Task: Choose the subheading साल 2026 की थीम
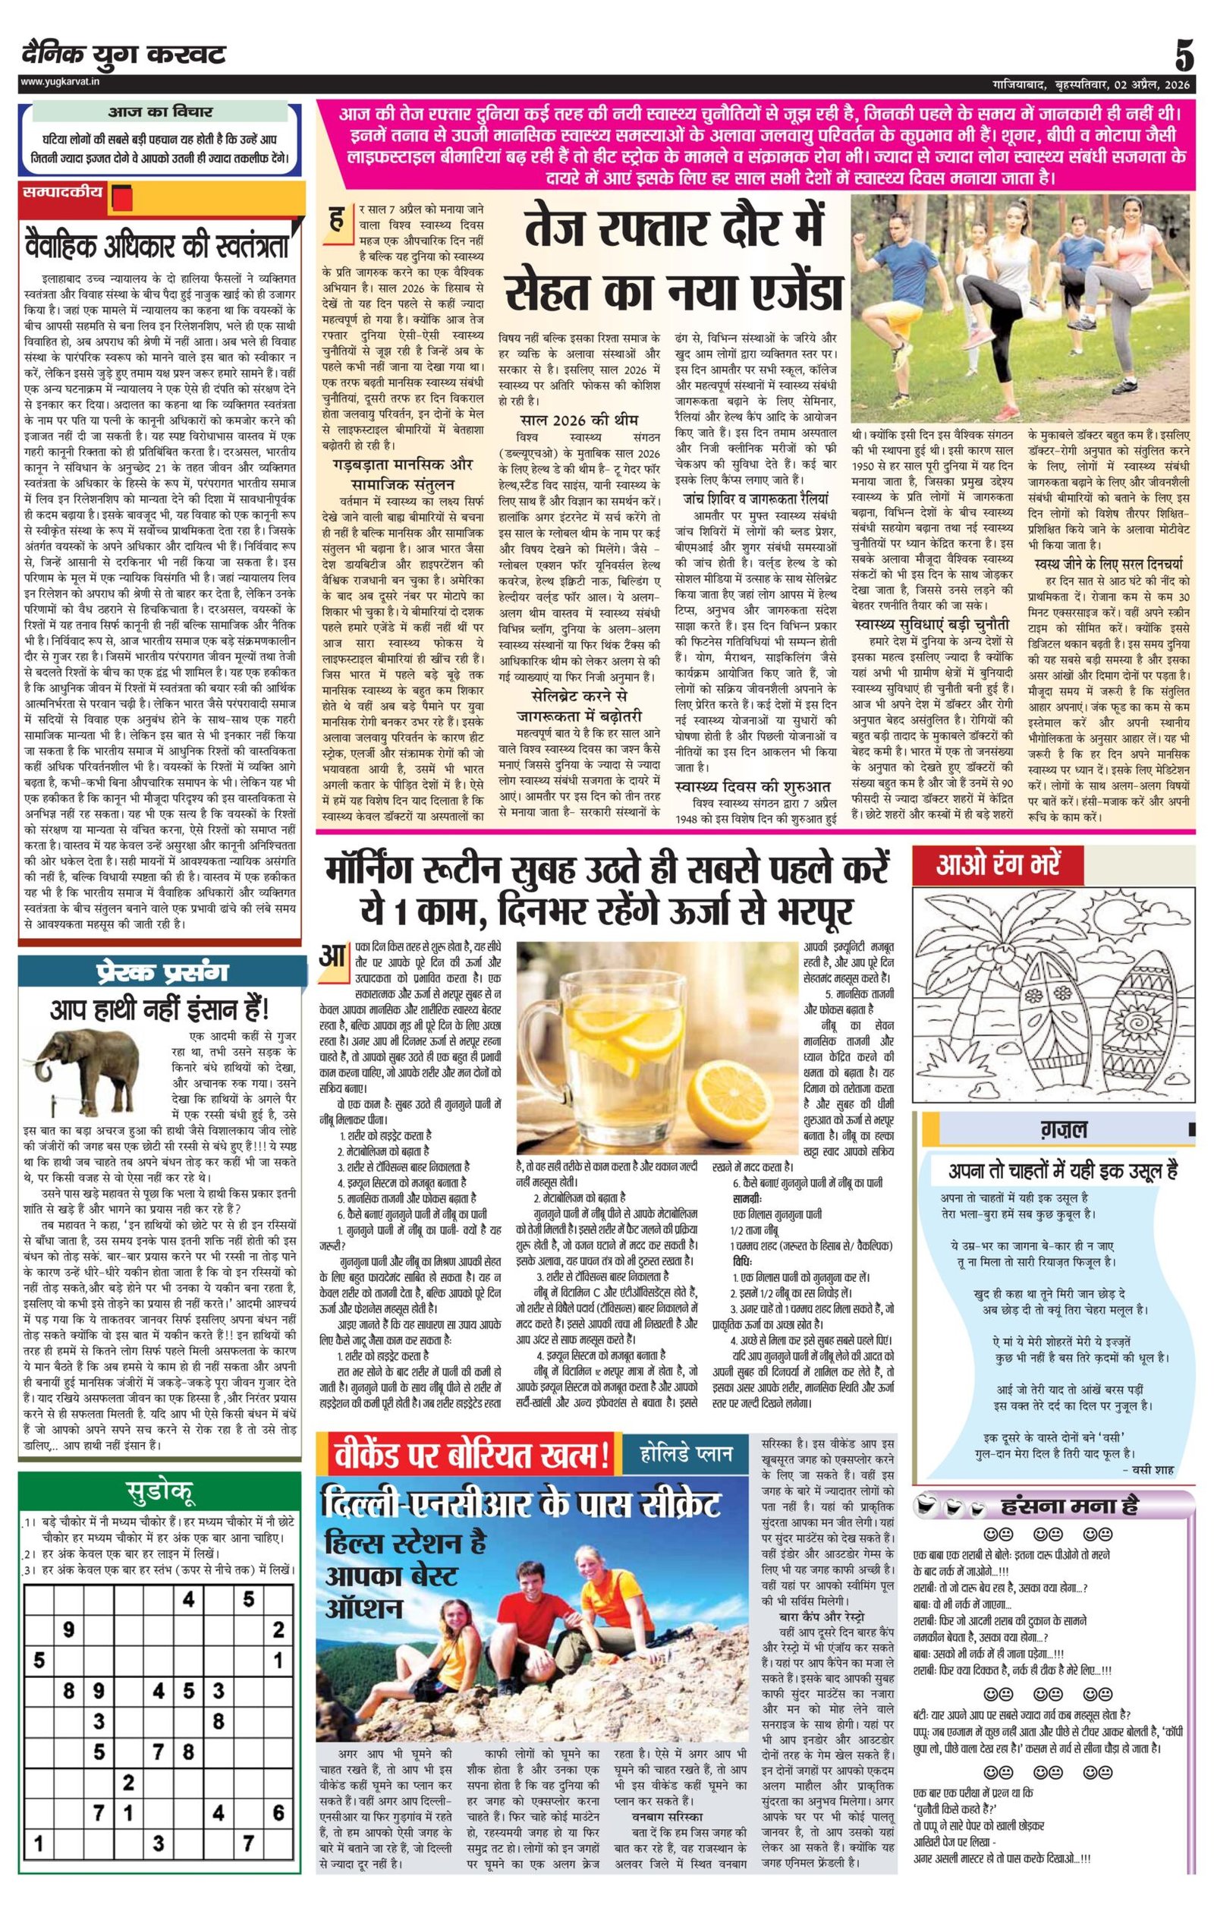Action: point(578,420)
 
